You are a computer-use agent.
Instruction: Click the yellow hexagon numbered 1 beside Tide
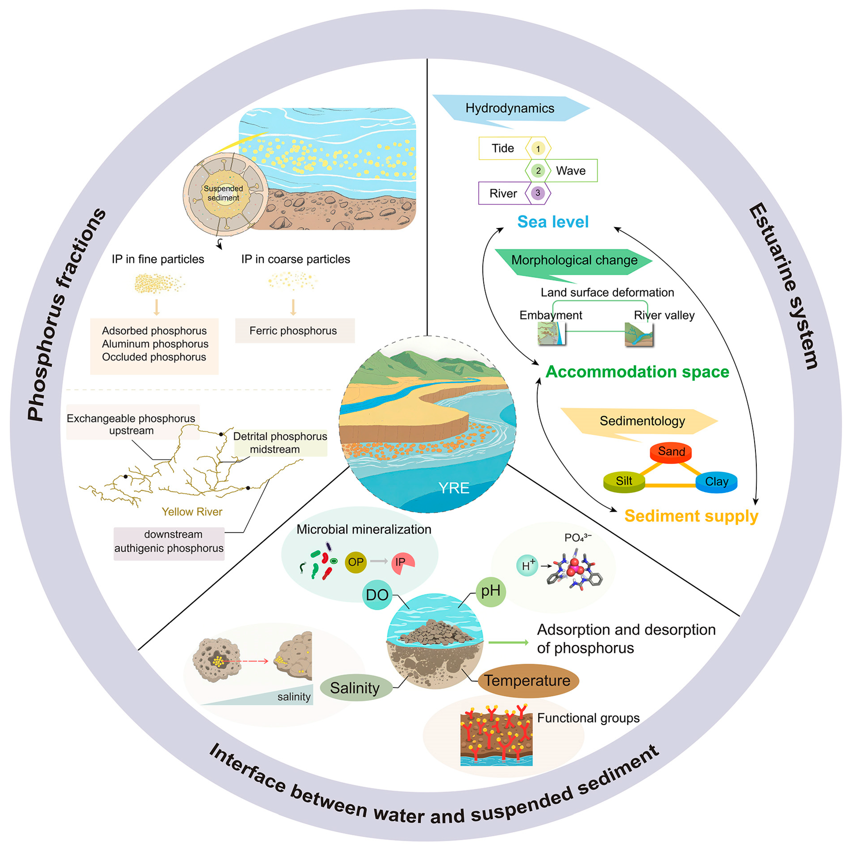pyautogui.click(x=538, y=149)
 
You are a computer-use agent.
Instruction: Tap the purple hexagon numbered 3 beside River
pyautogui.click(x=537, y=193)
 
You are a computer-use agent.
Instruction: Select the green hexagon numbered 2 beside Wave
pyautogui.click(x=538, y=170)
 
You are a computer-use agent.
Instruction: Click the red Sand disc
pyautogui.click(x=671, y=452)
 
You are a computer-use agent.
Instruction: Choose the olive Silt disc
pyautogui.click(x=624, y=481)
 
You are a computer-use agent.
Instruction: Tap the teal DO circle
pyautogui.click(x=377, y=595)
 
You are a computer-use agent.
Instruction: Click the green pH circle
pyautogui.click(x=491, y=591)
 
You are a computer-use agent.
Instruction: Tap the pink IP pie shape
pyautogui.click(x=402, y=563)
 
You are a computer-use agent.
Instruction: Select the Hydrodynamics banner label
pyautogui.click(x=510, y=108)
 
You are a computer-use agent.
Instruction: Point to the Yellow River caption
pyautogui.click(x=192, y=512)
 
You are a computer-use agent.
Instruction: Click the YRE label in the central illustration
pyautogui.click(x=454, y=488)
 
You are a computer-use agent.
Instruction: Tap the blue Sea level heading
pyautogui.click(x=553, y=222)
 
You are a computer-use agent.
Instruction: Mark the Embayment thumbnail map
pyautogui.click(x=551, y=333)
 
